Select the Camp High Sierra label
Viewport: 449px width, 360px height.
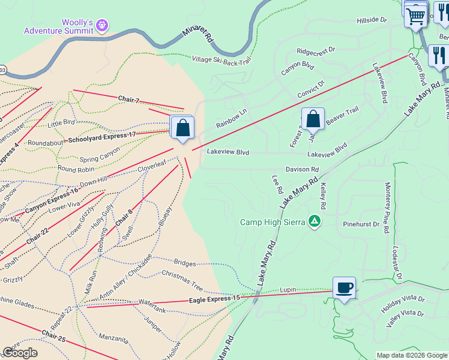point(273,222)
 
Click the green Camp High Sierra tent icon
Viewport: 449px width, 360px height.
point(314,221)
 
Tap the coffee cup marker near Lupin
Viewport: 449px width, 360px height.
point(344,288)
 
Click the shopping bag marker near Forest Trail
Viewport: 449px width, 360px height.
point(313,119)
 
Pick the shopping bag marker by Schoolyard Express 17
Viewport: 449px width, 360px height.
point(182,128)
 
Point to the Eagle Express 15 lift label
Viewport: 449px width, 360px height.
point(214,298)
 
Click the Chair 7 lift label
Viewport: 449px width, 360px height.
point(128,98)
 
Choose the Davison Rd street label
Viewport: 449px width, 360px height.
point(302,170)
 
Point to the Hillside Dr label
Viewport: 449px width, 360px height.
point(372,20)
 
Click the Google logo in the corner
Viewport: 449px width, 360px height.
point(20,353)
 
